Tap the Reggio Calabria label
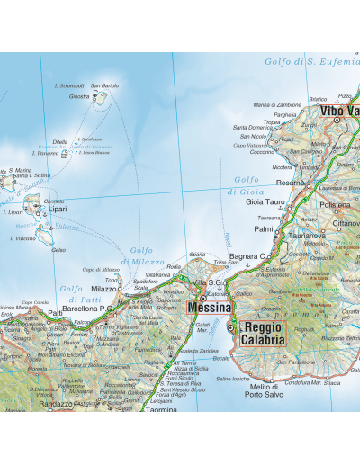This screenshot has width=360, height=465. coord(262,333)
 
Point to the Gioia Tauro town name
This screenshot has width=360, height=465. coord(265,202)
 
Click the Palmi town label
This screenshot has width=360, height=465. coord(263,229)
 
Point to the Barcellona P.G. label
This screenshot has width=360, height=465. coord(86,308)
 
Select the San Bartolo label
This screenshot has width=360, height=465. coord(104,85)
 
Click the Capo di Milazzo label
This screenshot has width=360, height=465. coord(101,270)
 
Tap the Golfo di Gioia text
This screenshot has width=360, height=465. coord(245,185)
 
